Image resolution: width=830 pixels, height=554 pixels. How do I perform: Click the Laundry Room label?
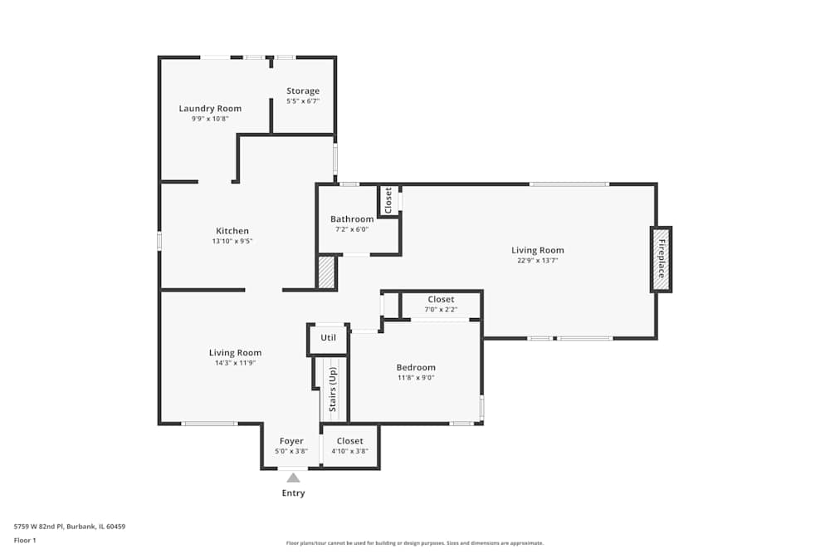pyautogui.click(x=210, y=108)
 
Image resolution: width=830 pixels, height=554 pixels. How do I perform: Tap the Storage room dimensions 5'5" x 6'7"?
pyautogui.click(x=303, y=101)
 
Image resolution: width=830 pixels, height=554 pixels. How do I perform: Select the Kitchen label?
pyautogui.click(x=232, y=231)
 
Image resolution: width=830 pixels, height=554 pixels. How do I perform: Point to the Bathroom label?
pyautogui.click(x=352, y=219)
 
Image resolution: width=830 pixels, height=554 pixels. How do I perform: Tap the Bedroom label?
pyautogui.click(x=415, y=367)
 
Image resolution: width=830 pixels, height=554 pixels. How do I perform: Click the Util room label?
pyautogui.click(x=328, y=338)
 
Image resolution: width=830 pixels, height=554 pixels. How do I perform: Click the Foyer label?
pyautogui.click(x=291, y=441)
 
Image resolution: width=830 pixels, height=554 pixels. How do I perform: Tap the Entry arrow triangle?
pyautogui.click(x=293, y=477)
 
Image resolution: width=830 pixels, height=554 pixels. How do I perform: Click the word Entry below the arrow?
pyautogui.click(x=293, y=493)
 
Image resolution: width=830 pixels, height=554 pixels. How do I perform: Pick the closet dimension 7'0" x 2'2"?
pyautogui.click(x=441, y=310)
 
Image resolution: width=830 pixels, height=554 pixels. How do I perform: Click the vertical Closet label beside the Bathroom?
pyautogui.click(x=388, y=200)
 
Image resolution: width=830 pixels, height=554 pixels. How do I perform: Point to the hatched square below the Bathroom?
pyautogui.click(x=326, y=272)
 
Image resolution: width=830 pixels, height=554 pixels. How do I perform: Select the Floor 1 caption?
pyautogui.click(x=25, y=540)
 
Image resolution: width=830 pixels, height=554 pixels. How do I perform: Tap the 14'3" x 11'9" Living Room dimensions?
pyautogui.click(x=235, y=363)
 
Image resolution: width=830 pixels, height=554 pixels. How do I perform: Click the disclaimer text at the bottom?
pyautogui.click(x=415, y=543)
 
